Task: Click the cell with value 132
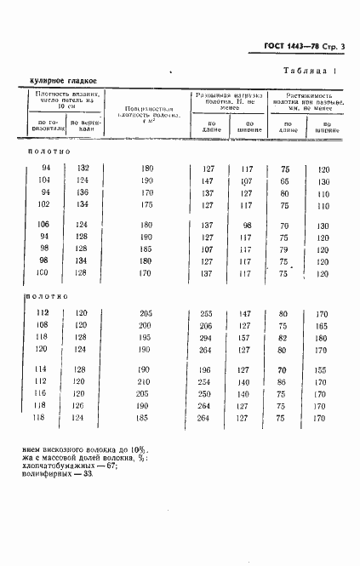(82, 169)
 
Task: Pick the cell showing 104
(45, 181)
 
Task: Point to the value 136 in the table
(82, 193)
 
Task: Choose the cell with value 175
(146, 205)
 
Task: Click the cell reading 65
(283, 181)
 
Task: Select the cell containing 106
(45, 225)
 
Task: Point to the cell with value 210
(146, 382)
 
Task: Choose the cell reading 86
(283, 382)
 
